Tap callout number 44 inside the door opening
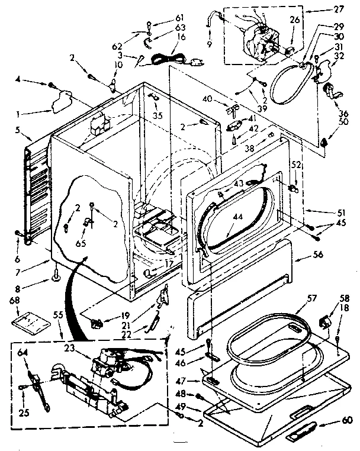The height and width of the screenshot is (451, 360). pos(237,217)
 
